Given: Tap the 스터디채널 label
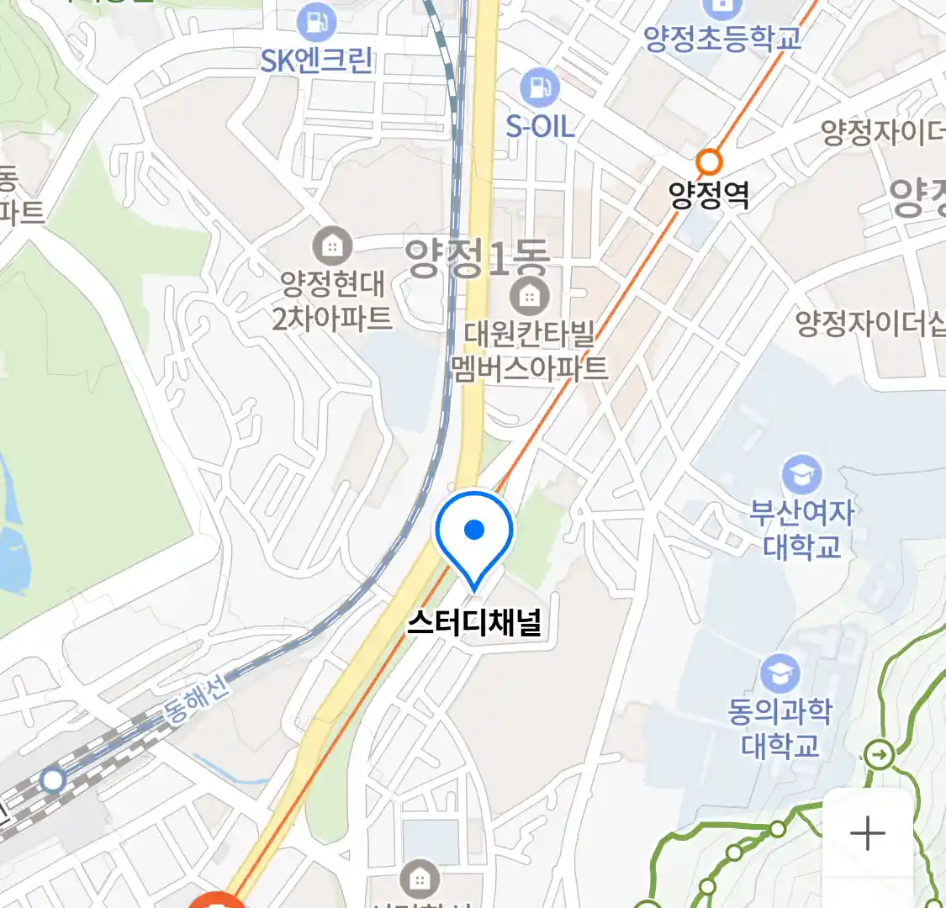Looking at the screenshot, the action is (x=474, y=622).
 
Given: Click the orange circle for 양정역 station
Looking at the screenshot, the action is (x=710, y=160).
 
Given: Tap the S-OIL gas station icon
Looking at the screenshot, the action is (x=539, y=88).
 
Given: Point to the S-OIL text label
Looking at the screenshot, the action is (x=540, y=127).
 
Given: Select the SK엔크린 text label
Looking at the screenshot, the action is (x=316, y=61).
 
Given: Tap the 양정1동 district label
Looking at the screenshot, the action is (x=476, y=258).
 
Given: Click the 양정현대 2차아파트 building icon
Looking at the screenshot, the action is (x=332, y=245).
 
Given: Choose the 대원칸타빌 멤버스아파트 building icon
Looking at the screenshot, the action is (x=529, y=295).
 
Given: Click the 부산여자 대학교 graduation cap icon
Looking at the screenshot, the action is (x=801, y=475).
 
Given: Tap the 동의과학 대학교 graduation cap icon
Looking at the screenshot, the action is (x=780, y=675).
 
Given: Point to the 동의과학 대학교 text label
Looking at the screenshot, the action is (x=780, y=729).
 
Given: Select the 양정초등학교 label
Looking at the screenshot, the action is (x=721, y=38).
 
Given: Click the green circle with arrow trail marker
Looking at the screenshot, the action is (x=880, y=753).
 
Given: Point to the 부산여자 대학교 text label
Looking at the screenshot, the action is (x=801, y=529).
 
